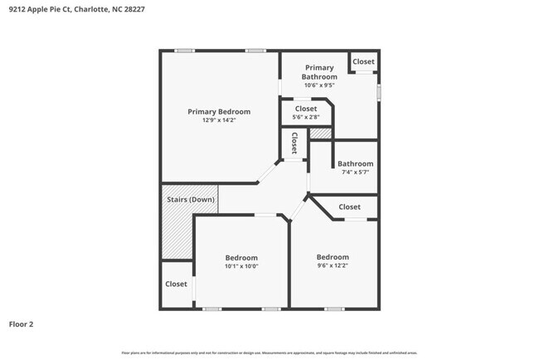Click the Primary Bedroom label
[219, 111]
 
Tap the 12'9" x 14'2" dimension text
[219, 120]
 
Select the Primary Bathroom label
[319, 72]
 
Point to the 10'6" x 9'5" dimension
[319, 85]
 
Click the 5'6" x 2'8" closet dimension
[306, 117]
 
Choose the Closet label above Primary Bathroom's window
[363, 62]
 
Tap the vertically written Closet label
[294, 144]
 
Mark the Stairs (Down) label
[191, 199]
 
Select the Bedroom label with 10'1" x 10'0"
[241, 257]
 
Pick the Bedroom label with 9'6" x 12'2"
[333, 256]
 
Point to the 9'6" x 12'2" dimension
[333, 265]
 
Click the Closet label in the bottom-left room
[176, 284]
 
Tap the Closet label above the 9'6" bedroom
[349, 207]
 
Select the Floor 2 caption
[21, 324]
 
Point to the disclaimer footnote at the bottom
[269, 353]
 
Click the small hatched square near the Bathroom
[320, 133]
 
